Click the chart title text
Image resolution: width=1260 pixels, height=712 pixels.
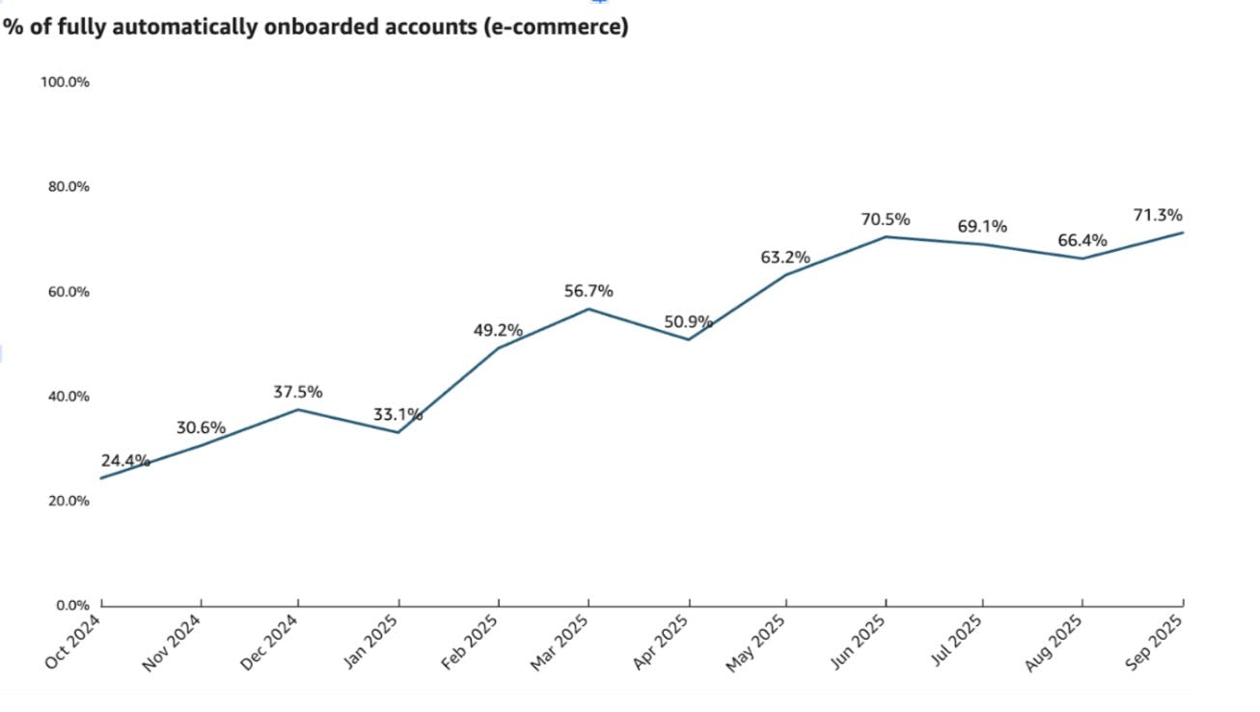(x=315, y=27)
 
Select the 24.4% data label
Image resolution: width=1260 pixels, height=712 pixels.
(x=124, y=461)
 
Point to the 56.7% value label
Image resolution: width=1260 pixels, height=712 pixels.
(x=589, y=290)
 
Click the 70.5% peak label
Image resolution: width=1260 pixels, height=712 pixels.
(x=886, y=219)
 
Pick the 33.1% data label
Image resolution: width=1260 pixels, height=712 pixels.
(x=397, y=415)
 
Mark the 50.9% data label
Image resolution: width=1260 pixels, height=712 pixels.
(x=688, y=321)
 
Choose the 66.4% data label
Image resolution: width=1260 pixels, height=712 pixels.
(x=1082, y=240)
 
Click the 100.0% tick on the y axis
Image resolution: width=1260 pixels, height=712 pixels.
(x=65, y=82)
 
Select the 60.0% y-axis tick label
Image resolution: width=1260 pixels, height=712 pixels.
(x=68, y=291)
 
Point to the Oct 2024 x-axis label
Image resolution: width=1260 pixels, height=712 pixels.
(x=75, y=644)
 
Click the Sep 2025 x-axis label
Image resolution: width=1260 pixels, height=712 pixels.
(x=1156, y=644)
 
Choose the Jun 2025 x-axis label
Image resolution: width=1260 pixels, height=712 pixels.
(x=859, y=644)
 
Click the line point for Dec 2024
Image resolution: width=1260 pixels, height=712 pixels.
(x=298, y=409)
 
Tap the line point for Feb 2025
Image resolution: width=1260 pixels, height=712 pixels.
(x=498, y=347)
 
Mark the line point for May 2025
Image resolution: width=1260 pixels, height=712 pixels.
(x=785, y=275)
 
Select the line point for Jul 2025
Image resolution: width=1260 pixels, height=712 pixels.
(x=982, y=244)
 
